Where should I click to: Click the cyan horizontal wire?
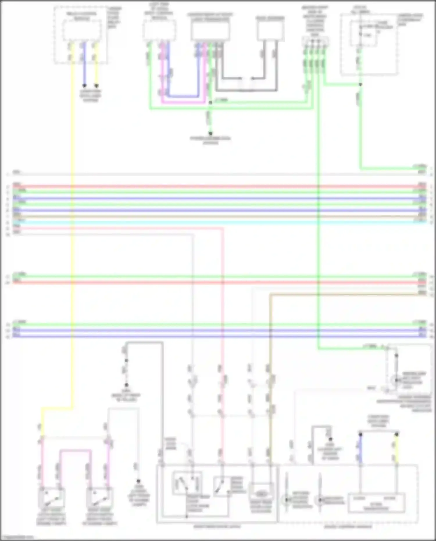[218, 222]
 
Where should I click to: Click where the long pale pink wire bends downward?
[223, 229]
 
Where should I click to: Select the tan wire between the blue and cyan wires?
[218, 216]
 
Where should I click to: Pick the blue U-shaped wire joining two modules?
[183, 96]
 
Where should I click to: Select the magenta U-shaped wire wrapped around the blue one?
[183, 102]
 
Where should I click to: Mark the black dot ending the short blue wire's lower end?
[84, 86]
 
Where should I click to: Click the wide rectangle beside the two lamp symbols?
[376, 502]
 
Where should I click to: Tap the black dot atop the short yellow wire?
[396, 434]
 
